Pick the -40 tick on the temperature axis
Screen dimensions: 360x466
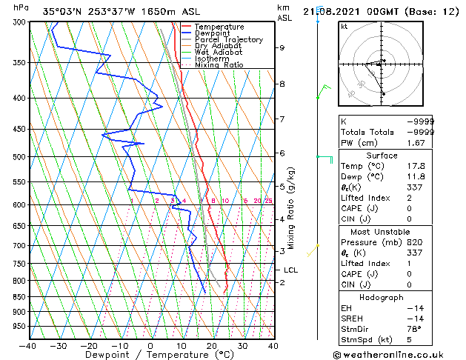(x=27, y=346)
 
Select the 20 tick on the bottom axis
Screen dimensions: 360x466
(x=211, y=346)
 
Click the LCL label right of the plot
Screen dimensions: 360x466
(x=290, y=270)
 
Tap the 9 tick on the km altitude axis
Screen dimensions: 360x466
(x=282, y=47)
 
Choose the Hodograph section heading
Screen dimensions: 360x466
(x=382, y=297)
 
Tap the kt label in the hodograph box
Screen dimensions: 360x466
(x=344, y=27)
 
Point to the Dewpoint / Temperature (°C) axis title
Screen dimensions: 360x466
(x=151, y=356)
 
